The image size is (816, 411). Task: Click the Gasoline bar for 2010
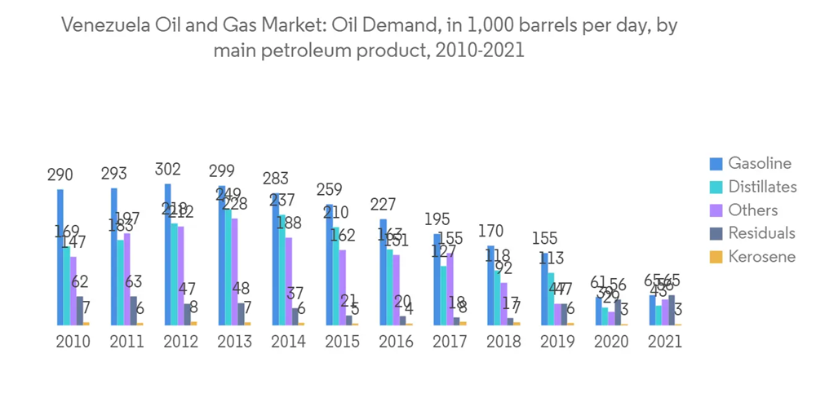[x=60, y=257]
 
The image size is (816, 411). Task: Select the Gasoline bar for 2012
[x=167, y=254]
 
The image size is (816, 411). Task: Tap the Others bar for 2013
[x=235, y=272]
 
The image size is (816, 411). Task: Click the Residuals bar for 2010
[x=79, y=310]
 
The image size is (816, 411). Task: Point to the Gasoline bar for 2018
[x=490, y=285]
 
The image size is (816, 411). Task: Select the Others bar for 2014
[x=288, y=281]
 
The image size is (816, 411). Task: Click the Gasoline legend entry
[x=760, y=163]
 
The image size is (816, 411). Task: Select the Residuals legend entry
[x=761, y=233]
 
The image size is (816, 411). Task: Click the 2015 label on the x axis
[x=343, y=342]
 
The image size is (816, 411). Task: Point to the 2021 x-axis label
[x=664, y=342]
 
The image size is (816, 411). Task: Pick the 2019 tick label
[x=557, y=342]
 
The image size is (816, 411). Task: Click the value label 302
[x=167, y=170]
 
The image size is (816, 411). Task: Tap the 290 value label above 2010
[x=60, y=174]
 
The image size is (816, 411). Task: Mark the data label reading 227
[x=383, y=203]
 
